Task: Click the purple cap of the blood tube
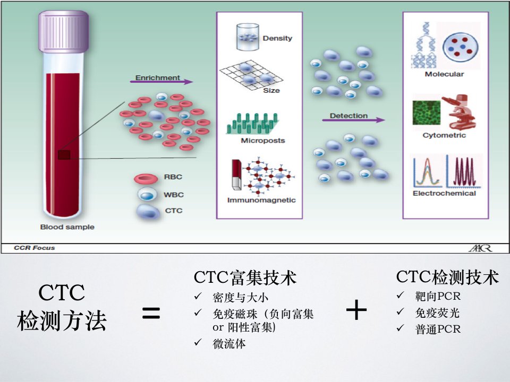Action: pos(63,31)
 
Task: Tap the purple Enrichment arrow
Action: pos(161,82)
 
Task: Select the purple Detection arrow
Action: pos(353,120)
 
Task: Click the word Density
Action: pos(277,38)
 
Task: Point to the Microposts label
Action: pos(263,140)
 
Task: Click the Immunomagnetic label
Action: pos(261,200)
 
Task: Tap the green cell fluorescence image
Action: pos(427,112)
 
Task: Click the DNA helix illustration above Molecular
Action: pos(424,45)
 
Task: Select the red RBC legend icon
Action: pos(146,178)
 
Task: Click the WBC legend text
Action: pos(174,195)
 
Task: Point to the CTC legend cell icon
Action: pos(148,212)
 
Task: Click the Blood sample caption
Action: pos(67,227)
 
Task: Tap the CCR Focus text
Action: pos(35,248)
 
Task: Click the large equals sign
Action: pos(151,313)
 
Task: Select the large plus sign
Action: pos(356,310)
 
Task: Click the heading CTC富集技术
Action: pos(245,277)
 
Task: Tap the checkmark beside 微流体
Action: pos(198,342)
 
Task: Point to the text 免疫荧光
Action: pos(437,313)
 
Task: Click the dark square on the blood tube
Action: pos(64,155)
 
